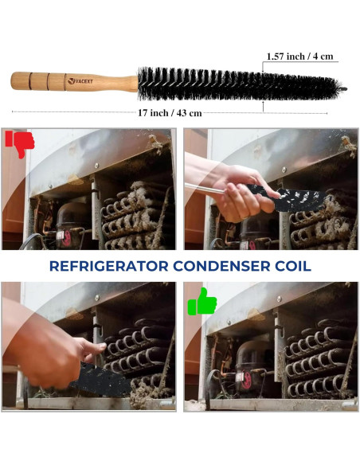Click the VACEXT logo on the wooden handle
(81, 80)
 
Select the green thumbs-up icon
(202, 303)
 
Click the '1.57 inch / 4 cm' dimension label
(300, 57)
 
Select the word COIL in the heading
(292, 266)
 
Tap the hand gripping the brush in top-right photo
(235, 198)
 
